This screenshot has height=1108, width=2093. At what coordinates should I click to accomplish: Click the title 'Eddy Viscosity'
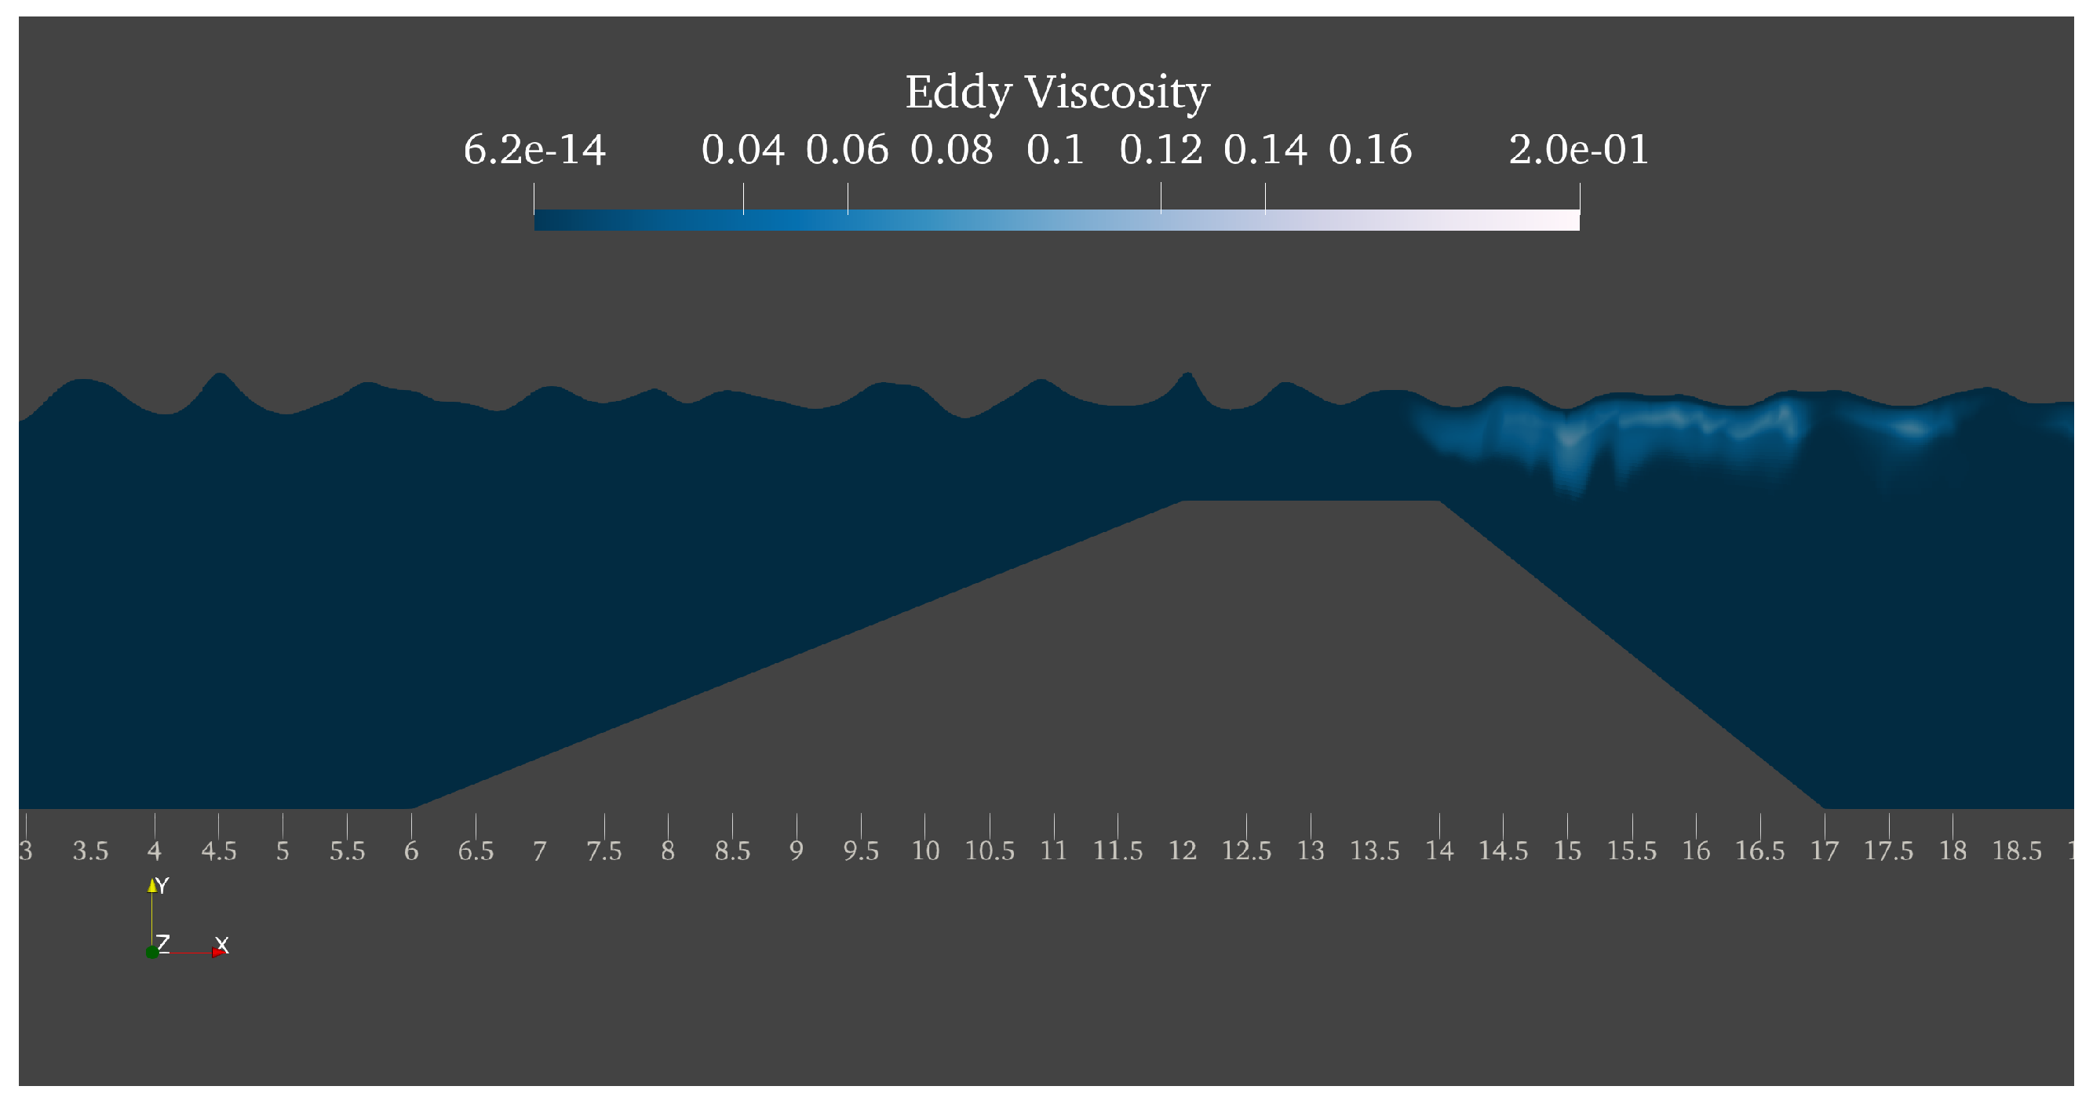click(1057, 92)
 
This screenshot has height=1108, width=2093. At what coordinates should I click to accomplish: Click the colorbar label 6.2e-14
click(534, 151)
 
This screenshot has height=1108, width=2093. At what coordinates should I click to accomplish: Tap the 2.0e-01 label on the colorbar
click(1578, 151)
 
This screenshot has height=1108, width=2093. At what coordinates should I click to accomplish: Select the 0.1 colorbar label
click(1055, 151)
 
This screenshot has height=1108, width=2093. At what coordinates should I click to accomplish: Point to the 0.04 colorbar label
click(742, 151)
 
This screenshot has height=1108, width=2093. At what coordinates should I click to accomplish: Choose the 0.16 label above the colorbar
click(1370, 151)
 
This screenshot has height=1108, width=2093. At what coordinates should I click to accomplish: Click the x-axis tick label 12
click(1182, 851)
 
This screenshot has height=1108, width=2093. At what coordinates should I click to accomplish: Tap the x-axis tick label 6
click(411, 851)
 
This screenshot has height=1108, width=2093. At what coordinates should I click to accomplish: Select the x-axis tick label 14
click(1439, 851)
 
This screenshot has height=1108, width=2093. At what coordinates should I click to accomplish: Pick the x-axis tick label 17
click(1824, 851)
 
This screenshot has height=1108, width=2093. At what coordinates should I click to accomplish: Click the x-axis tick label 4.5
click(219, 851)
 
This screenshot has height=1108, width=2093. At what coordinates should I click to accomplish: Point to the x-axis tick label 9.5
click(860, 851)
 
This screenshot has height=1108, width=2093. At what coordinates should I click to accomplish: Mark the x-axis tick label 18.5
click(2017, 851)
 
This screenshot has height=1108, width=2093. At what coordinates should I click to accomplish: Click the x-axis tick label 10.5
click(989, 851)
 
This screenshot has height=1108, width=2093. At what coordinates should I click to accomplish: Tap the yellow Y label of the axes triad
click(161, 885)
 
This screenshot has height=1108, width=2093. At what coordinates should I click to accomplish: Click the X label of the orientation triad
click(222, 945)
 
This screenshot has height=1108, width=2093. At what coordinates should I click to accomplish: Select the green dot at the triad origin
click(152, 952)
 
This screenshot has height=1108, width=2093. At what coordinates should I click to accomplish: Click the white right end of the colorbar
click(1568, 221)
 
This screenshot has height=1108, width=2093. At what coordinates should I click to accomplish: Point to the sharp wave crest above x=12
click(1187, 375)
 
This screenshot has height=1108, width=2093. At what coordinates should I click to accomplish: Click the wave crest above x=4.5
click(219, 375)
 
